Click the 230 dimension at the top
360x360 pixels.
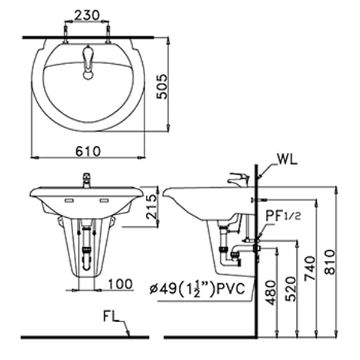[88, 15]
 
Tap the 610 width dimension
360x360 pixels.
[88, 151]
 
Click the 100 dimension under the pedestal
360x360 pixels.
[121, 284]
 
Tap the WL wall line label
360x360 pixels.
[287, 160]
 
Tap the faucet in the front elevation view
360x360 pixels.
[87, 178]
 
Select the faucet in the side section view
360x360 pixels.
[238, 179]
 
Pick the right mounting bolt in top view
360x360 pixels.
[108, 34]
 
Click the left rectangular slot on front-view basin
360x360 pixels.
[68, 199]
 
